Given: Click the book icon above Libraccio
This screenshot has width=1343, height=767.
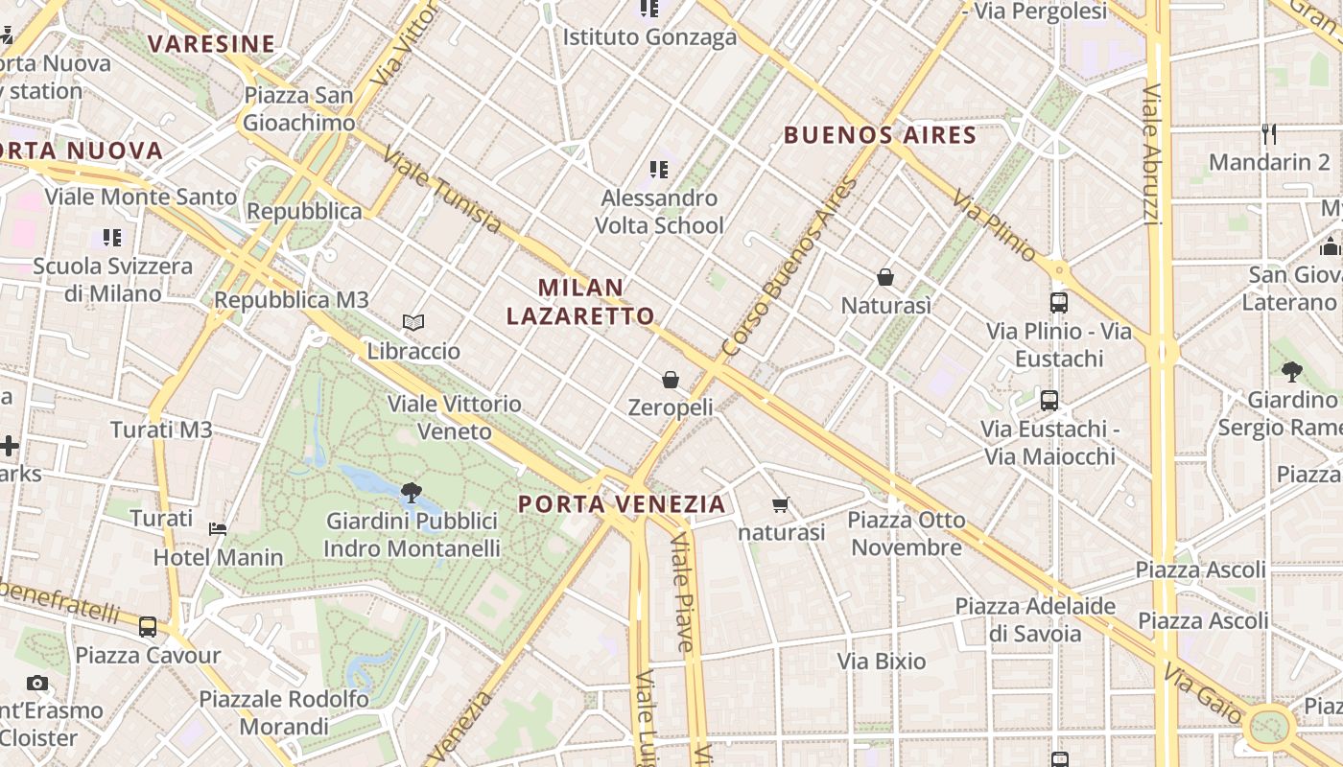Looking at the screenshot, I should tap(413, 323).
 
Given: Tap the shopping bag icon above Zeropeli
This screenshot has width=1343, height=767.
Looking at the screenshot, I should tap(671, 380).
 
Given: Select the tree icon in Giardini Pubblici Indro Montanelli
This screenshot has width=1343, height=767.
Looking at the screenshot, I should tap(412, 493).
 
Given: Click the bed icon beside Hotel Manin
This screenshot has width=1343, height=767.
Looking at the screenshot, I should tap(218, 528).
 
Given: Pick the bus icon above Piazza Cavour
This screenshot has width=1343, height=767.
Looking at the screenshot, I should tap(147, 627).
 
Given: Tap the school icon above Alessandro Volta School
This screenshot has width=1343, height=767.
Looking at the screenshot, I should tap(658, 170).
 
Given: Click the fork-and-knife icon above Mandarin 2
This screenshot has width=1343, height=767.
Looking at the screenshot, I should tap(1269, 133).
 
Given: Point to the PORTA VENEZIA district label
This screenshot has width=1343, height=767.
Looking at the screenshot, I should tap(622, 504).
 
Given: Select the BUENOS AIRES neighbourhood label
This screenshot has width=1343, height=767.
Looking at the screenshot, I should tap(880, 135).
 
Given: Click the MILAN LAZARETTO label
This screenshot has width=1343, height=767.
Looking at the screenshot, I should tap(580, 301).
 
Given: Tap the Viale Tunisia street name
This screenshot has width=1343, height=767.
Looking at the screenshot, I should tap(441, 190).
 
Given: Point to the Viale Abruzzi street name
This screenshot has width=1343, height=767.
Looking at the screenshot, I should tap(1153, 154).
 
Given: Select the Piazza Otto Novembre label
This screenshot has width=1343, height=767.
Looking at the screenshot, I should tap(907, 534).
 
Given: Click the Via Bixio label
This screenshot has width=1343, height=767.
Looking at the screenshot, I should tap(882, 661).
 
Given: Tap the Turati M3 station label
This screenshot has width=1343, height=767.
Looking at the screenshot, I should tap(161, 430).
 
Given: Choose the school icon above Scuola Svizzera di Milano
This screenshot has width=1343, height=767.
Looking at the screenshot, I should tap(112, 237).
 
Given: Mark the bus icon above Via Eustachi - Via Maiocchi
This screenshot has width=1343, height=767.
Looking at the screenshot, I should tap(1049, 400).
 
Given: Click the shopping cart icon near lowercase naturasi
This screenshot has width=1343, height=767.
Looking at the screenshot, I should tap(781, 504).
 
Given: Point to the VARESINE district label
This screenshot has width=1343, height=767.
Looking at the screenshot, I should tap(212, 44).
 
